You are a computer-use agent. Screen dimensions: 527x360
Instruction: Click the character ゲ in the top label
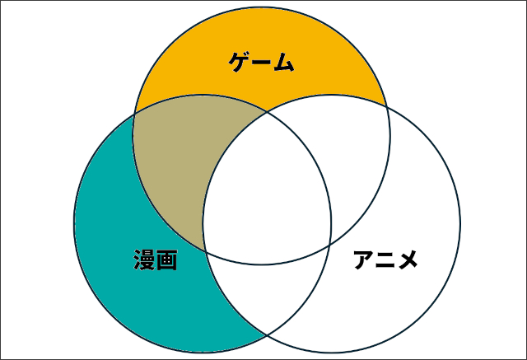click(x=240, y=62)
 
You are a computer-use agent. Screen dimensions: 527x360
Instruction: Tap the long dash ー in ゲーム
click(x=262, y=62)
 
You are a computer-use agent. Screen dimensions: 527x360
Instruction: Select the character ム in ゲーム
click(x=284, y=62)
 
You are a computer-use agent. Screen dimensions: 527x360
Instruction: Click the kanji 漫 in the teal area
click(x=145, y=259)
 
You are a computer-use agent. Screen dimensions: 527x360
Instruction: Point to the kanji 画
click(x=166, y=259)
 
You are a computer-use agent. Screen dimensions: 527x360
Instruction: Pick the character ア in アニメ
click(x=364, y=259)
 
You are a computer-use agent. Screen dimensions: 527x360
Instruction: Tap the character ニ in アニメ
click(x=385, y=259)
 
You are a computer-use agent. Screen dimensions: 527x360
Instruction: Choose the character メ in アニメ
click(x=407, y=259)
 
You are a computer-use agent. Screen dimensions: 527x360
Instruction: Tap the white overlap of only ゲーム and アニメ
click(x=346, y=152)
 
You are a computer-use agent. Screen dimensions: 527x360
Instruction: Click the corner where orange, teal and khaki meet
click(x=134, y=113)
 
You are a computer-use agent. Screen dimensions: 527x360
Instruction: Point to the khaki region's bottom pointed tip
click(x=205, y=250)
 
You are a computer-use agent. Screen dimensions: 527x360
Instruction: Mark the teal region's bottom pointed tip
click(x=267, y=335)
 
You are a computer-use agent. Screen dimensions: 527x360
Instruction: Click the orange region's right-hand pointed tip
click(x=386, y=106)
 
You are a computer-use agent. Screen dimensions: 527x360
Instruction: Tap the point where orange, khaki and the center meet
click(x=267, y=111)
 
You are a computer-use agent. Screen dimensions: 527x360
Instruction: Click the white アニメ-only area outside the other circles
click(x=403, y=252)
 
